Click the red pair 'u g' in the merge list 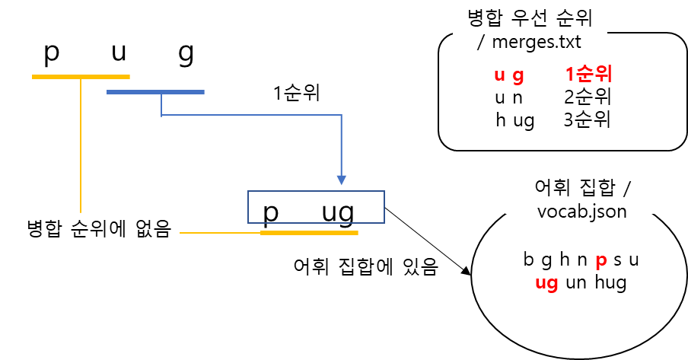(x=509, y=75)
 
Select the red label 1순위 (x=588, y=75)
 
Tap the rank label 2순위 (x=588, y=97)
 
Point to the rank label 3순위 (x=588, y=120)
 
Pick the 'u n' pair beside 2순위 (x=508, y=97)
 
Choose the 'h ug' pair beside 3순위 (x=514, y=120)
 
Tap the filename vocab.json (x=581, y=209)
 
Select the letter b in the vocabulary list (x=528, y=260)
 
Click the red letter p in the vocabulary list (x=600, y=261)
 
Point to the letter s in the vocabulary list (x=617, y=261)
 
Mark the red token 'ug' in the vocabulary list (x=546, y=284)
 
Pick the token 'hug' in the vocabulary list (x=610, y=284)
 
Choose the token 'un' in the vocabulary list (x=576, y=284)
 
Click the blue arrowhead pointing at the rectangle (x=341, y=180)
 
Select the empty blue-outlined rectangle (x=316, y=207)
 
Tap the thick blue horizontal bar (x=155, y=92)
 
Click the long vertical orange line (x=80, y=145)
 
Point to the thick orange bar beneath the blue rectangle (x=309, y=233)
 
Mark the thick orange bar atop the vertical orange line (x=81, y=77)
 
